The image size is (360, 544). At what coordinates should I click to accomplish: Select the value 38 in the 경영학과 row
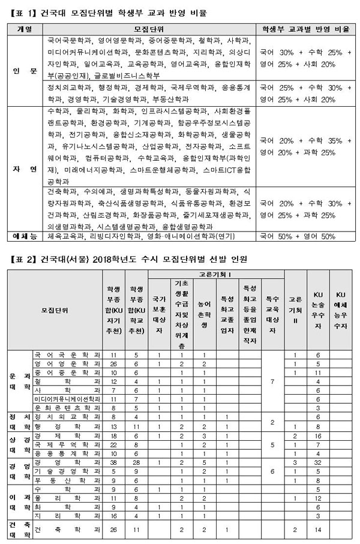coord(113,464)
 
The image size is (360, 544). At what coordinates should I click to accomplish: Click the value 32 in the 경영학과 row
coord(318,464)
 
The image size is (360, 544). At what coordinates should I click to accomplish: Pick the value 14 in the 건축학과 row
coord(318,530)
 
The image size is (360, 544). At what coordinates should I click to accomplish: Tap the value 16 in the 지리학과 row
coord(113,515)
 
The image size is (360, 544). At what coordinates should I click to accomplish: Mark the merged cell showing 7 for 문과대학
coord(272,381)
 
